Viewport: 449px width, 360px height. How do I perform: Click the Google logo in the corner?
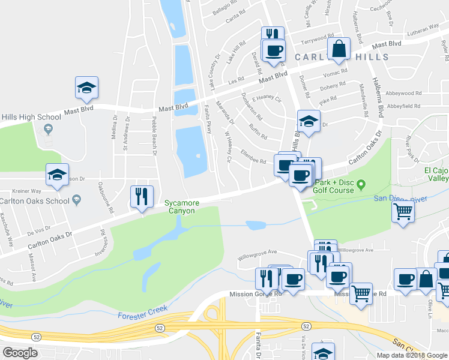[20, 353]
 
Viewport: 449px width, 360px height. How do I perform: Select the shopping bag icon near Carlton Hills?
[339, 49]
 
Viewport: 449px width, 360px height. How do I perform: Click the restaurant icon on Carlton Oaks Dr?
[142, 196]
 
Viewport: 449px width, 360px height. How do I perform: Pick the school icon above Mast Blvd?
[86, 88]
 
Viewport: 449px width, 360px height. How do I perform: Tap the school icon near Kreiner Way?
[57, 175]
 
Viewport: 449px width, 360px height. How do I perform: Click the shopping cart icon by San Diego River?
[403, 211]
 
